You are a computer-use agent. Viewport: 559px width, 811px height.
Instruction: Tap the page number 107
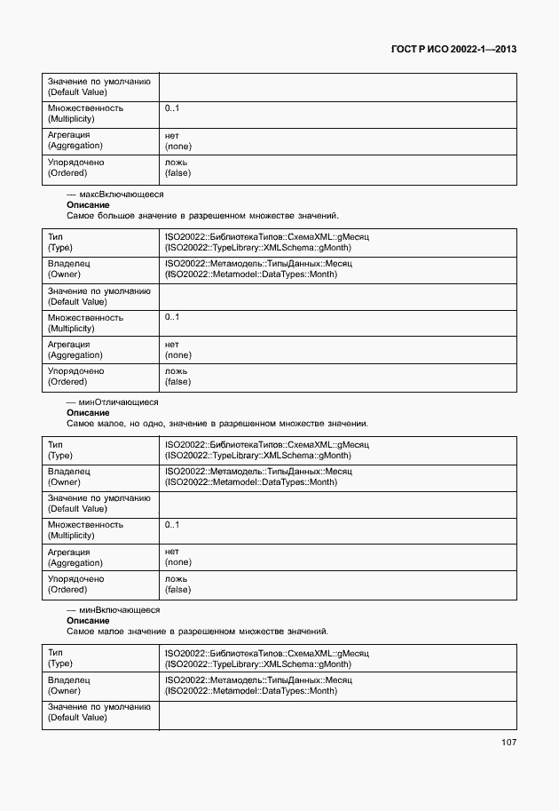508,742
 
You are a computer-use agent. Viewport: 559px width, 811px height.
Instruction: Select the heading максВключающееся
115,194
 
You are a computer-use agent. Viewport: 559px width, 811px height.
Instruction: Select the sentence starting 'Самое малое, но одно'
217,424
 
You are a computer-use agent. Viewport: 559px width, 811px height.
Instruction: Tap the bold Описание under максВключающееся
88,204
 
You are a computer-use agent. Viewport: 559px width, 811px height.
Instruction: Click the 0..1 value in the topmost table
171,108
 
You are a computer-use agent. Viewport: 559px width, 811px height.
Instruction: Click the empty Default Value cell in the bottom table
337,712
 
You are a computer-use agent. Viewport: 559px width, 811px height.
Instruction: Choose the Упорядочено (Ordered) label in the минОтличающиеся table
75,584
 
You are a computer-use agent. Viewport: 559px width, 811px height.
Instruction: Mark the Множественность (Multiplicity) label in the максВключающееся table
85,322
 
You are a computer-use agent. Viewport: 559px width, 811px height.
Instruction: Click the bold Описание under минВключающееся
88,621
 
